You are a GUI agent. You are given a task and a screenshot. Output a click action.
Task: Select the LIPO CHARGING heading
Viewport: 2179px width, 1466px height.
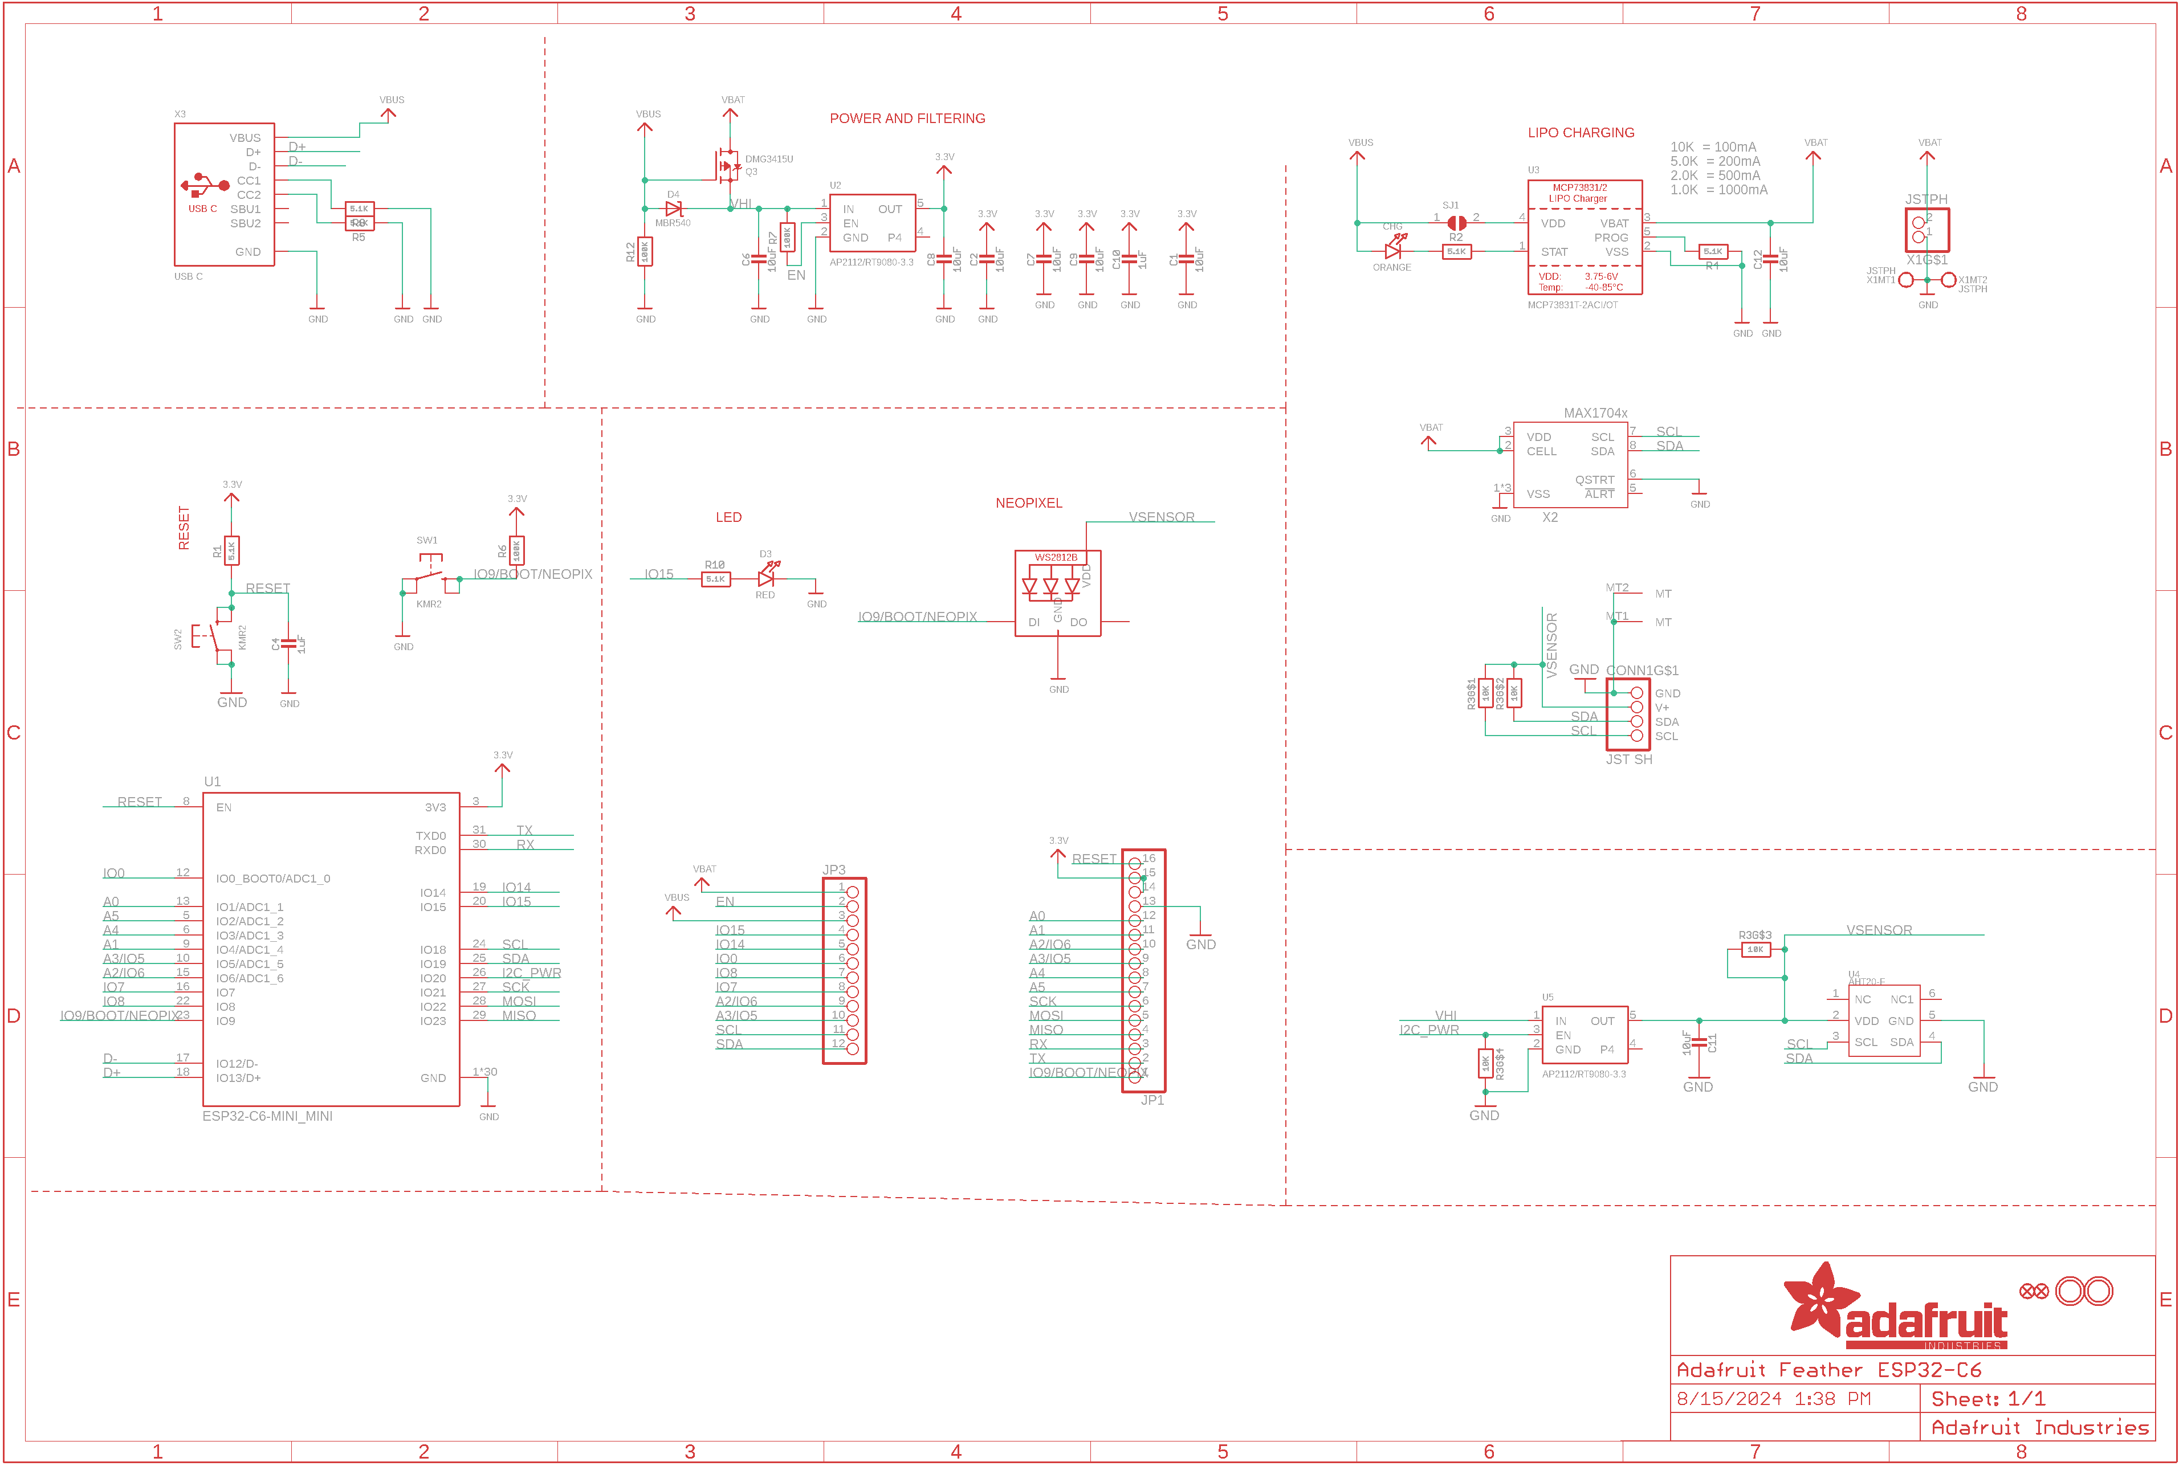tap(1581, 133)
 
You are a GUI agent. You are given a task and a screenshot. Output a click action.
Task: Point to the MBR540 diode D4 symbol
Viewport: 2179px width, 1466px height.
tap(673, 209)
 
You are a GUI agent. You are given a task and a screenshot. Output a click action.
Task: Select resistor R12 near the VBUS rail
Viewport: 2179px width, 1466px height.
tap(644, 251)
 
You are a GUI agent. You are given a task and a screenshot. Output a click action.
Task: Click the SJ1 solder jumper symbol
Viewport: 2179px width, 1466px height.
tap(1456, 223)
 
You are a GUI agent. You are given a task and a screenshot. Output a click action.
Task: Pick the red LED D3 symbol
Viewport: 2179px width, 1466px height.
tap(766, 578)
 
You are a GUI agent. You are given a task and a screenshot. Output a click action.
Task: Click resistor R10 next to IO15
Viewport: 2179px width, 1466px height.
tap(715, 579)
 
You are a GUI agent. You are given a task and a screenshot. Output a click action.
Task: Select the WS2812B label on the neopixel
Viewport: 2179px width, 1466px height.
tap(1055, 557)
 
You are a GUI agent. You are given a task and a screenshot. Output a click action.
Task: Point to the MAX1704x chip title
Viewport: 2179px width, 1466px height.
tap(1595, 413)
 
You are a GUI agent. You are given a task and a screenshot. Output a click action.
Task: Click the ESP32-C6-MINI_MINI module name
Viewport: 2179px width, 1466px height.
tap(267, 1116)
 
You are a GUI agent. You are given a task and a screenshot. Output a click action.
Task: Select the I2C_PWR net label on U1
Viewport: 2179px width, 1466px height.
tap(531, 973)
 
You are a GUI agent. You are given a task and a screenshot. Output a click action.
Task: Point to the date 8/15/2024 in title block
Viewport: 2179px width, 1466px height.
tap(1728, 1399)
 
